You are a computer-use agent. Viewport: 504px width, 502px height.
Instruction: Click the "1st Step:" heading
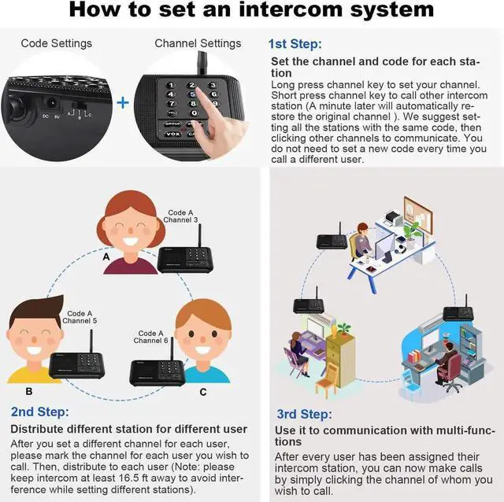295,44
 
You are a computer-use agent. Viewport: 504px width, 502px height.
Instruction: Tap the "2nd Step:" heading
40,412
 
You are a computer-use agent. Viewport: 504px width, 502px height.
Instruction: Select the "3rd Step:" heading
304,414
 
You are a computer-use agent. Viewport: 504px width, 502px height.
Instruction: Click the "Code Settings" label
56,43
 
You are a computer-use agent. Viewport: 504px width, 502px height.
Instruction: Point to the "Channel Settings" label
198,43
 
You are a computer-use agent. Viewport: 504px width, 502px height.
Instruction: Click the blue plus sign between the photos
123,103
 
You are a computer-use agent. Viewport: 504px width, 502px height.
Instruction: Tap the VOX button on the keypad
173,134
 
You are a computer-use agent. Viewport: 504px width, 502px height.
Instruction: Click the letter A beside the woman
106,257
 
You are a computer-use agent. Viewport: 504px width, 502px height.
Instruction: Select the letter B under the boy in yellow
29,391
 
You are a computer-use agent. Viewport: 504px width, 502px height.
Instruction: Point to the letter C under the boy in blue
203,392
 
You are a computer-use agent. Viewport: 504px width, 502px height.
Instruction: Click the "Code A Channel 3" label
180,216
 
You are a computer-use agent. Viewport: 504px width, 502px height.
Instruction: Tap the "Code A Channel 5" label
80,317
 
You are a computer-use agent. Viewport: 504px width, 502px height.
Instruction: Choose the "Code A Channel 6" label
150,337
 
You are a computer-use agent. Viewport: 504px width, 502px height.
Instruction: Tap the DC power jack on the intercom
50,104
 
